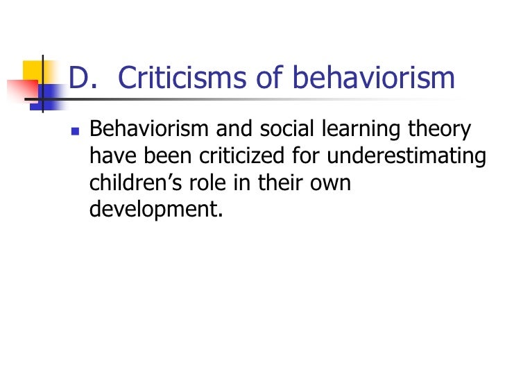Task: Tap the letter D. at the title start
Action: click(83, 78)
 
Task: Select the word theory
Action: click(447, 130)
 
